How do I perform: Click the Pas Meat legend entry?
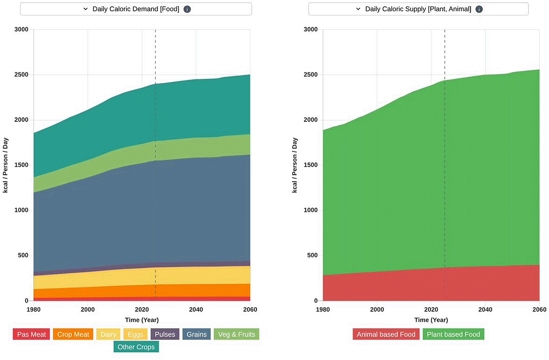click(31, 334)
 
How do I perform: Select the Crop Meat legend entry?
click(73, 334)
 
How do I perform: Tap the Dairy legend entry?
click(108, 334)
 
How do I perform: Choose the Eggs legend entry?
click(136, 334)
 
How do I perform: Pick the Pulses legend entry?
click(165, 334)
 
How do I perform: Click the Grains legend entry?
click(197, 334)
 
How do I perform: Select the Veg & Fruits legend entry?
click(236, 334)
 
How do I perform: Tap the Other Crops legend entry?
click(136, 347)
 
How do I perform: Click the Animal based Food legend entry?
click(386, 334)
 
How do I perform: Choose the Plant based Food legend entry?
click(453, 334)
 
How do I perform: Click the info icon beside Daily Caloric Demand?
click(187, 9)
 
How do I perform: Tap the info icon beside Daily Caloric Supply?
click(479, 9)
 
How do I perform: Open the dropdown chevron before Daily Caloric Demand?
click(85, 9)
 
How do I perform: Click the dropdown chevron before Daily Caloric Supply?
click(358, 9)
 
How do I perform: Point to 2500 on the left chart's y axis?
click(21, 75)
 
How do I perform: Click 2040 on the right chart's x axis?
click(485, 310)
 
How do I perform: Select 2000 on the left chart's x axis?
click(88, 310)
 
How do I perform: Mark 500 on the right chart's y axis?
click(312, 255)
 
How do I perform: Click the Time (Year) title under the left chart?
click(142, 320)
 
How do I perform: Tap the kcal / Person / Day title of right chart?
click(294, 165)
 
